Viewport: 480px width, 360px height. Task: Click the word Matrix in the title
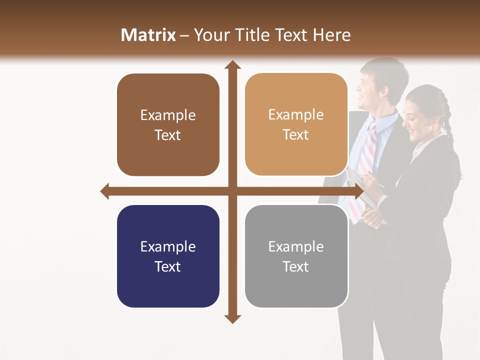(148, 35)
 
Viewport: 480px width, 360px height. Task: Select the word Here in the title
(331, 35)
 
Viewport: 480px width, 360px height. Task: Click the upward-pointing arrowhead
(232, 64)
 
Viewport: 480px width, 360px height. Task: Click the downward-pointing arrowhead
(232, 318)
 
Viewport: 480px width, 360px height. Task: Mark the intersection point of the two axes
(232, 191)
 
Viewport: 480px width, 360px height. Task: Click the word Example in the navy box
(168, 246)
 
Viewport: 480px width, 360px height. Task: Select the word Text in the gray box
(296, 266)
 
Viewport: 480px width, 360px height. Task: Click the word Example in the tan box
(296, 115)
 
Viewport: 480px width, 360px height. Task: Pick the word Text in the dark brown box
(168, 135)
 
